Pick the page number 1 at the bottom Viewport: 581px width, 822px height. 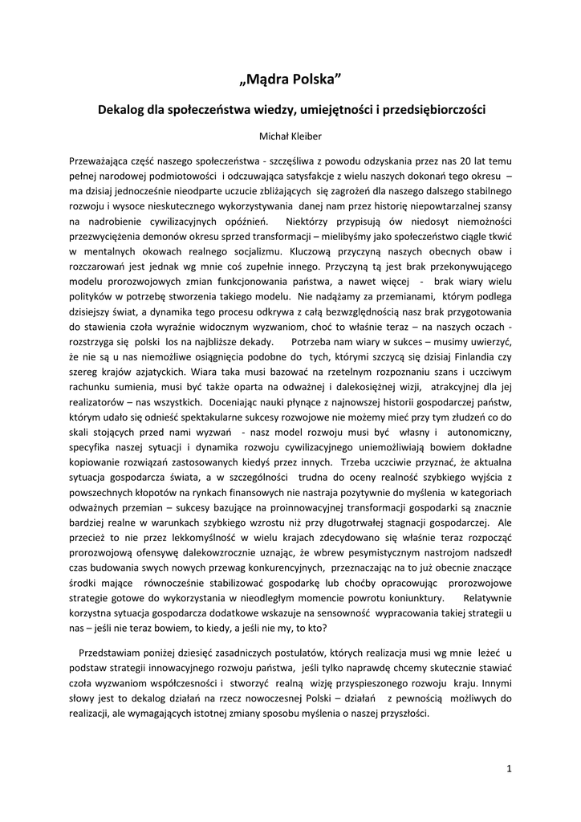[x=509, y=768]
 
